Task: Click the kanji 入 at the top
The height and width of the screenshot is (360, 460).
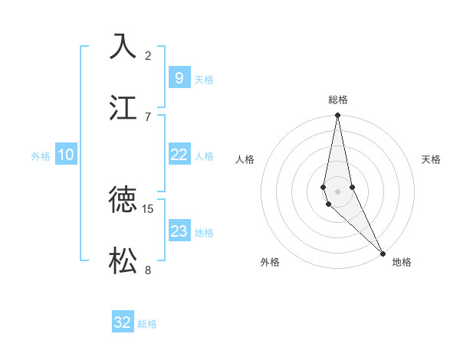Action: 123,45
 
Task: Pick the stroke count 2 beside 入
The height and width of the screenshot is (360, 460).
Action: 148,55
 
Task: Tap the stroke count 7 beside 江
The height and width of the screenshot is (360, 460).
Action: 148,116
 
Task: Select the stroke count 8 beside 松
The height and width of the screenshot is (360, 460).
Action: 148,270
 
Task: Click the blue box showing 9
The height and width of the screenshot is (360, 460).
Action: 179,77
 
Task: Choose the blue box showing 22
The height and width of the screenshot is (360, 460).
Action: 179,155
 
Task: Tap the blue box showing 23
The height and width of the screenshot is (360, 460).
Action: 179,231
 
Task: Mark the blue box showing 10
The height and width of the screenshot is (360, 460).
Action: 66,155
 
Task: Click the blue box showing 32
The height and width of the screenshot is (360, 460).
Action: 123,322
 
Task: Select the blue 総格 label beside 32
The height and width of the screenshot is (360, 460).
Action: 147,324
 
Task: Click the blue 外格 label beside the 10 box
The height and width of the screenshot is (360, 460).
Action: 41,156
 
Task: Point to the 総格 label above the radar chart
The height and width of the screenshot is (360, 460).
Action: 337,100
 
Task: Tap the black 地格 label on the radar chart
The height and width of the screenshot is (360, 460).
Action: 402,262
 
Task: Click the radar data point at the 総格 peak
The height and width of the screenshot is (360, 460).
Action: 337,116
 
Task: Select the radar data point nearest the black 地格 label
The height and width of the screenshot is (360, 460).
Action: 383,254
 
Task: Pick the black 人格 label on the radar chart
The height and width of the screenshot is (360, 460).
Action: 245,159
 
